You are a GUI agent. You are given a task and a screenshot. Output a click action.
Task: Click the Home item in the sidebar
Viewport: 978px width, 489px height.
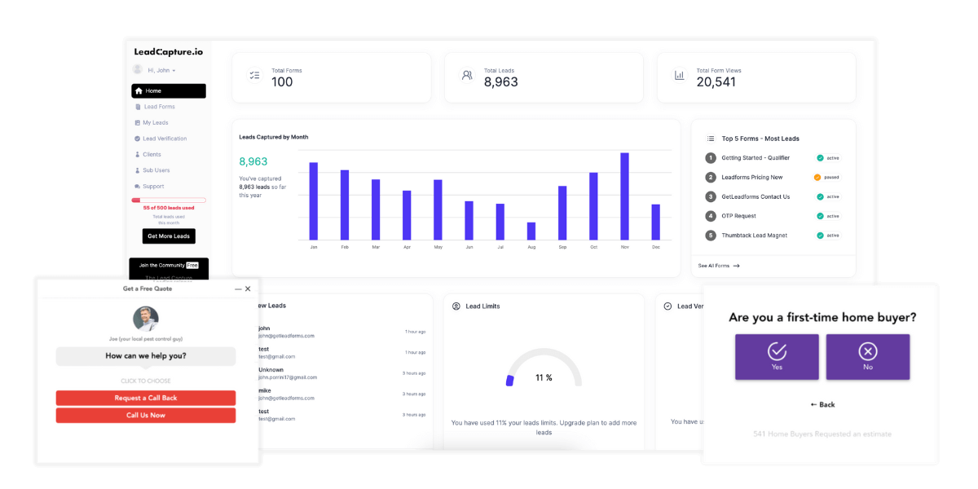coord(168,91)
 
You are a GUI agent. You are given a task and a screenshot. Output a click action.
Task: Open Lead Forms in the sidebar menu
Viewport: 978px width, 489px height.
coord(159,107)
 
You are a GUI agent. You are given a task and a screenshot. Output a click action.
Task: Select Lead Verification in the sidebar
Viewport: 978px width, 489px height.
coord(165,139)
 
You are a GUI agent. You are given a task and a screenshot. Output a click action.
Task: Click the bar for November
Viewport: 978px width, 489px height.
coord(624,196)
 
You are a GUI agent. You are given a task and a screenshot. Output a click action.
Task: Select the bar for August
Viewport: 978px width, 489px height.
coord(531,231)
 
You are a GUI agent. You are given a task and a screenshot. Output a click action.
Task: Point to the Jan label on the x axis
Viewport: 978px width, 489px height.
coord(314,247)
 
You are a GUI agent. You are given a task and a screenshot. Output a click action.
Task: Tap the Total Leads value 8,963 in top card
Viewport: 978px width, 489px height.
coord(500,82)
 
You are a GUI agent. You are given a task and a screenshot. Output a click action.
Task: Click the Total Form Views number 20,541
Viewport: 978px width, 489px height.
coord(716,82)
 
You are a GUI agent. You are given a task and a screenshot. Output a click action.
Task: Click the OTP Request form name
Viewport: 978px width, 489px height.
coord(738,216)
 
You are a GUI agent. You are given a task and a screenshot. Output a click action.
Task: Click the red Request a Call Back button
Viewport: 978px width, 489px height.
coord(146,398)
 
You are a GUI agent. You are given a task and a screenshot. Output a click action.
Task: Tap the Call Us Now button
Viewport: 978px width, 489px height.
coord(146,416)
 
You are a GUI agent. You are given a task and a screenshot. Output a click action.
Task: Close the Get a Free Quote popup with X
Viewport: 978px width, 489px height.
coord(248,289)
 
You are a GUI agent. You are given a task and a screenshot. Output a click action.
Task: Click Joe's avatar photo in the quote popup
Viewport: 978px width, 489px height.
coord(146,319)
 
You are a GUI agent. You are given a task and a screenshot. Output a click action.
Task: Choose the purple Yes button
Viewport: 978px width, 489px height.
coord(777,357)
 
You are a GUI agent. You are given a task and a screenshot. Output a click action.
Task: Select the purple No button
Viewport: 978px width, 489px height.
coord(867,357)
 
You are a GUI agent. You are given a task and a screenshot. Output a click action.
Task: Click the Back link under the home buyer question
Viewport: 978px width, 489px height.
coord(822,404)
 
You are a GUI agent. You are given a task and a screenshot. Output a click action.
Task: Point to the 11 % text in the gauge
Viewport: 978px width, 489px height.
coord(544,378)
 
